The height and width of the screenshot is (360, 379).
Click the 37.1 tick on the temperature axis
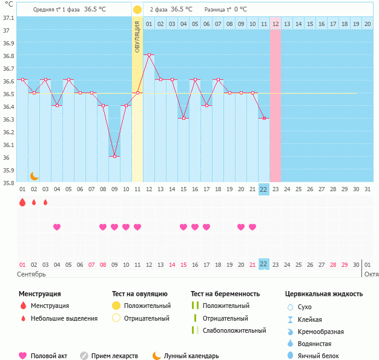click(x=8, y=18)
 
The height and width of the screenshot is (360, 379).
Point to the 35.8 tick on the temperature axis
click(x=8, y=183)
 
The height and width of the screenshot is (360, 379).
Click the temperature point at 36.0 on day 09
click(x=114, y=156)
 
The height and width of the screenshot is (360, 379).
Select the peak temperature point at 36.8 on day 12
click(x=149, y=54)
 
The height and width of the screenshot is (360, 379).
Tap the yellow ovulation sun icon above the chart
click(x=137, y=10)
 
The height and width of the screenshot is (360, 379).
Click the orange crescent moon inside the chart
click(x=35, y=176)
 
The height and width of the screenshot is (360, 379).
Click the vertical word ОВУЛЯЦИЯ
click(x=137, y=36)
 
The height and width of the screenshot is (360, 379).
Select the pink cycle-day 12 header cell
click(x=275, y=24)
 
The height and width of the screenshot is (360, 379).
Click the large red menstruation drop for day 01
click(x=22, y=203)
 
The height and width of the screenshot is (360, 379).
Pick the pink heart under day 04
click(x=57, y=227)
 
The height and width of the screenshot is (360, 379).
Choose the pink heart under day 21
click(x=252, y=227)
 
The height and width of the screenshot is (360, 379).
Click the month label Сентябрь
click(x=31, y=274)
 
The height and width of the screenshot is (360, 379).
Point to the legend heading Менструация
click(x=39, y=294)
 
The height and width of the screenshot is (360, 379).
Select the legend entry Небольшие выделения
click(x=64, y=318)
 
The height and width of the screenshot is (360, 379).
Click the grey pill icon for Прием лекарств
click(x=84, y=356)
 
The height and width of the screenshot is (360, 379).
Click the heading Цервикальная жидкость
click(x=324, y=294)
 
